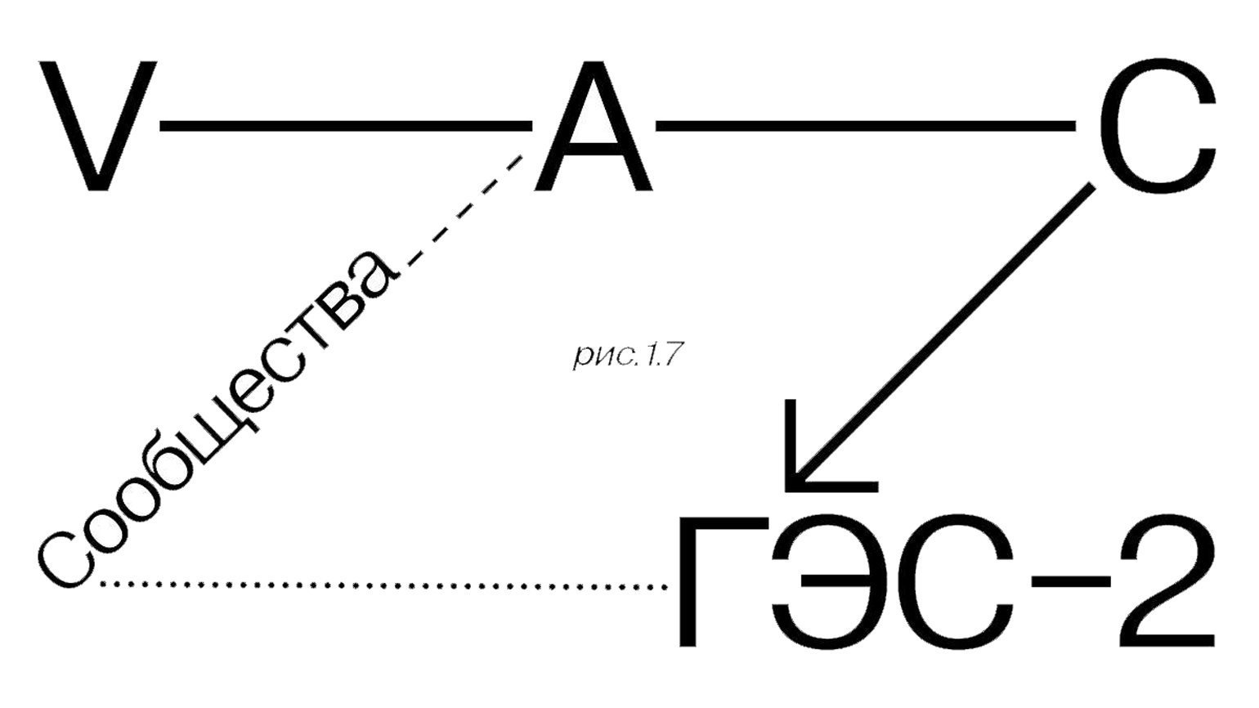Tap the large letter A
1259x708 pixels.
pos(593,126)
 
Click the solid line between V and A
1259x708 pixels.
pos(345,126)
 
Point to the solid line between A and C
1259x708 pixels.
pos(866,126)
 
